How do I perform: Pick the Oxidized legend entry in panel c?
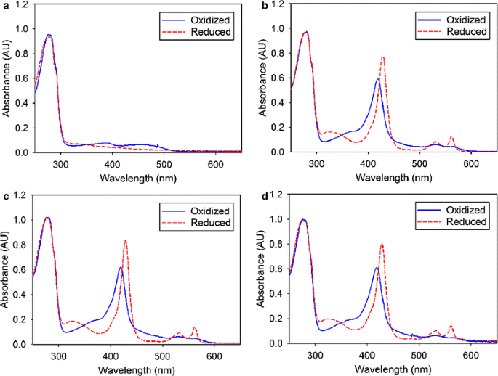(x=207, y=211)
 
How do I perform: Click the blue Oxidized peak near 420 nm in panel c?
(x=121, y=268)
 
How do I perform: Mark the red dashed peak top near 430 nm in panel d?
(x=382, y=245)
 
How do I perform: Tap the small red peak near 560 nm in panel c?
(x=194, y=327)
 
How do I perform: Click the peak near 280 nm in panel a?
(x=49, y=35)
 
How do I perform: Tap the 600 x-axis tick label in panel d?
(x=470, y=354)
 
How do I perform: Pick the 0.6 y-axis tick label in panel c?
(x=24, y=270)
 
